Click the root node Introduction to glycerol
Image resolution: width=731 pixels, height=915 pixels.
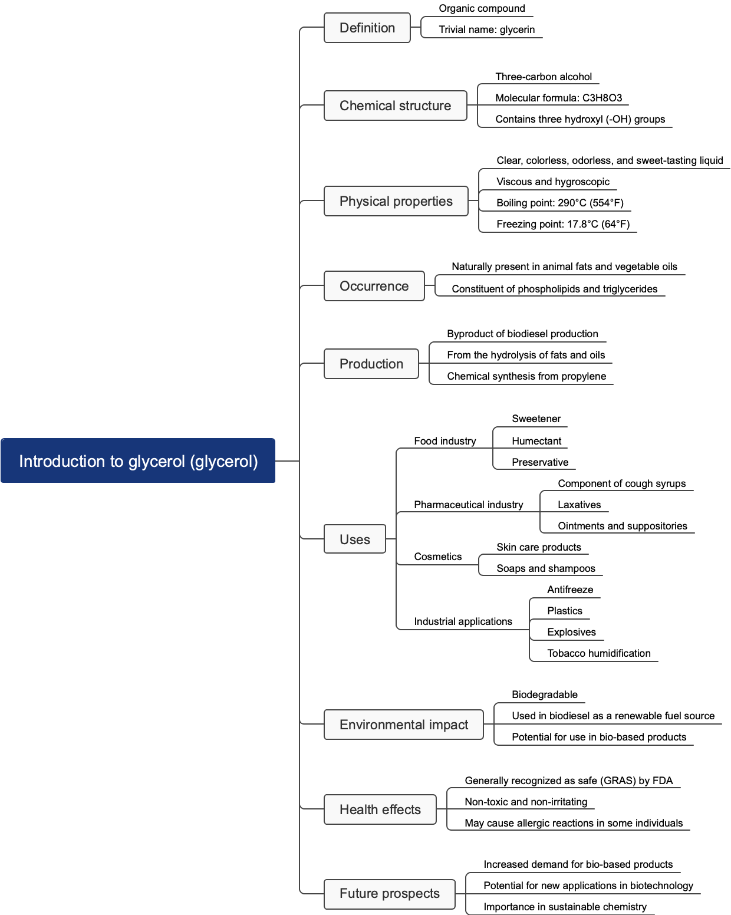(x=138, y=460)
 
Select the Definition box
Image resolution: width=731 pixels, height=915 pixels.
(x=367, y=28)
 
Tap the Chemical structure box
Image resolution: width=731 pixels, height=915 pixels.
(x=395, y=106)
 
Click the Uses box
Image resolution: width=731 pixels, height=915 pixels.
(x=354, y=539)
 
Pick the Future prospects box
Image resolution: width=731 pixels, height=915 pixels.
(x=389, y=893)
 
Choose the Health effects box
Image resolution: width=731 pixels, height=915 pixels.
(x=380, y=809)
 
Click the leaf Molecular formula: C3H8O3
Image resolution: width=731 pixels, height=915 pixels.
(x=558, y=98)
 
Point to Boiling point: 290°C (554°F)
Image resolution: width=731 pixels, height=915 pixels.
(x=559, y=203)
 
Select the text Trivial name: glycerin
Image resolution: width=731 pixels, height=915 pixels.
(x=486, y=29)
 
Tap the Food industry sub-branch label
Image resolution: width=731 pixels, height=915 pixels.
(x=444, y=441)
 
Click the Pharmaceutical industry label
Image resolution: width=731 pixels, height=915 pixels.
(x=468, y=505)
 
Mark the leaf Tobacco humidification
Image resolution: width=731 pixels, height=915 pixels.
(x=598, y=653)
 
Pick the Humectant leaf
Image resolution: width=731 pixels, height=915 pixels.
(x=536, y=441)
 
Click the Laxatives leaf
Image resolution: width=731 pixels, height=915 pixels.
(x=579, y=505)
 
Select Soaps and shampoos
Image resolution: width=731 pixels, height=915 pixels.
(x=545, y=568)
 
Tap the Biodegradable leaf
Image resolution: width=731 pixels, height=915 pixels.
(x=544, y=695)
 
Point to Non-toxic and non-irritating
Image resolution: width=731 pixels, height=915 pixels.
(x=525, y=802)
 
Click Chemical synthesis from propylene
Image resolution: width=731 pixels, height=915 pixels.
(x=526, y=376)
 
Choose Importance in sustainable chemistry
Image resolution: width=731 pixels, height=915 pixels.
(x=564, y=907)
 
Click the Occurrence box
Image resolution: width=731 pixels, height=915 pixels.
(x=374, y=286)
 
